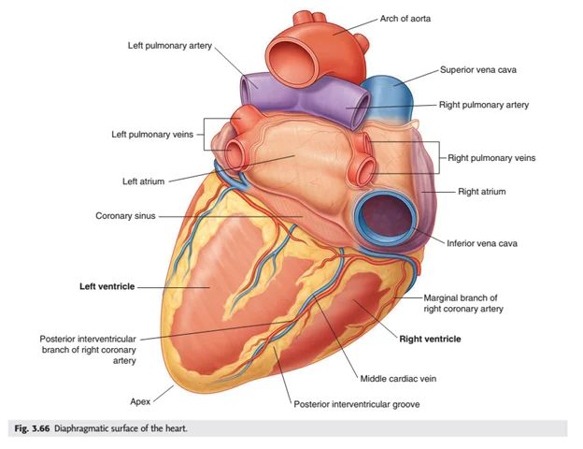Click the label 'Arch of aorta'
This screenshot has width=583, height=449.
[405, 19]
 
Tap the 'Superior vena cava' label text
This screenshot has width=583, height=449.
[478, 70]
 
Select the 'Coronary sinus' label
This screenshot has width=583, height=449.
[125, 216]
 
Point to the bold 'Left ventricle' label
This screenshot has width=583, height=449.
[107, 286]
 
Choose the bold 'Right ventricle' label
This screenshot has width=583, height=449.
[430, 340]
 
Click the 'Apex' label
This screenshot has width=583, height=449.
[140, 401]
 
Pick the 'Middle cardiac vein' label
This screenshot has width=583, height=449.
[398, 379]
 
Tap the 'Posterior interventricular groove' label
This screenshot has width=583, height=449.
[357, 404]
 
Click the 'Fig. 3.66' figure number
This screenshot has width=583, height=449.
[32, 428]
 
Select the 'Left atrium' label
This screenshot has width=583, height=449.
[144, 181]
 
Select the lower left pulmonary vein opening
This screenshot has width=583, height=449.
[234, 152]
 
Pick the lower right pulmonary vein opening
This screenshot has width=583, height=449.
[364, 171]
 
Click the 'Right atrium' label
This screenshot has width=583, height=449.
[481, 192]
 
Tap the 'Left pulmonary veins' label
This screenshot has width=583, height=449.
[152, 135]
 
